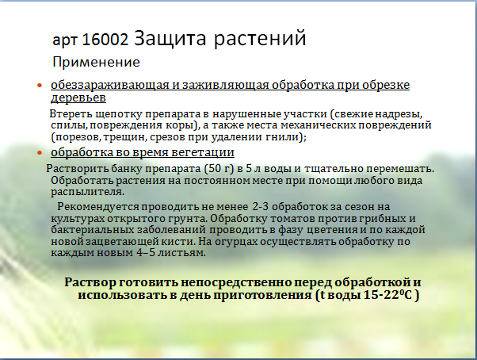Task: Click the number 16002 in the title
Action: pos(105,40)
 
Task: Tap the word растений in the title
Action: pos(260,39)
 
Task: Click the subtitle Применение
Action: pos(96,62)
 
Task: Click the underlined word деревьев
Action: pos(78,98)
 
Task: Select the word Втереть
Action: pos(71,114)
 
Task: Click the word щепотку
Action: pos(119,114)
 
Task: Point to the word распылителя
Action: pos(88,192)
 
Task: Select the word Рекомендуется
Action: pos(98,207)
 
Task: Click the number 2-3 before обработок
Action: pos(261,207)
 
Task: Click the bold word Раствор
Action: pos(90,282)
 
